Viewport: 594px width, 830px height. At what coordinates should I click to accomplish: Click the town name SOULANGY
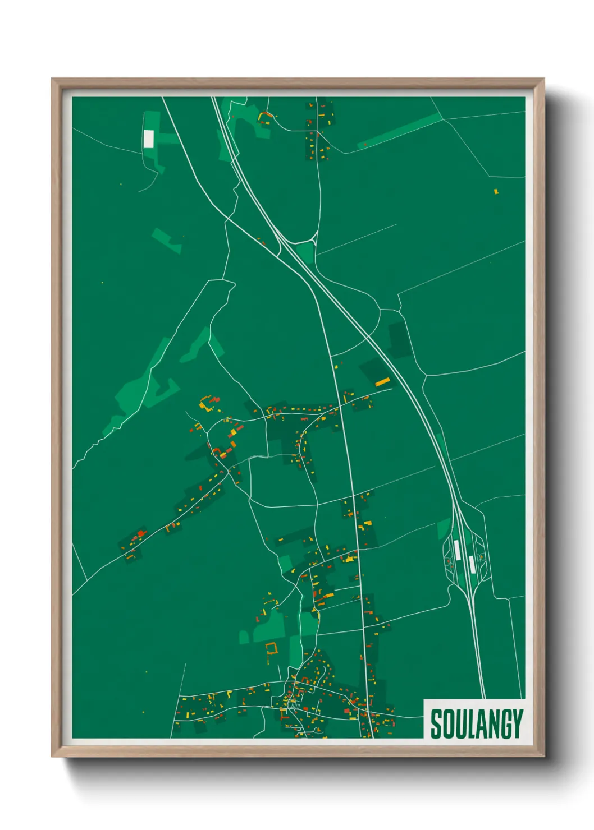[x=476, y=723]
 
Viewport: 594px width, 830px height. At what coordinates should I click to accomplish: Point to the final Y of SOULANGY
[x=517, y=723]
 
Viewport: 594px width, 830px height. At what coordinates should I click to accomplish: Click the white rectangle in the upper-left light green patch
[x=148, y=139]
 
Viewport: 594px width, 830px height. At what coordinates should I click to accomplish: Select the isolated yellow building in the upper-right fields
[x=496, y=192]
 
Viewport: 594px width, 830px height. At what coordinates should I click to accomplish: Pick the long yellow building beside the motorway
[x=382, y=382]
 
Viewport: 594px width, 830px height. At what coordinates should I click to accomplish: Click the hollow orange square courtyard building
[x=272, y=649]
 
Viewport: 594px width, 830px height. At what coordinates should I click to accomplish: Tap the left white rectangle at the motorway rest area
[x=458, y=550]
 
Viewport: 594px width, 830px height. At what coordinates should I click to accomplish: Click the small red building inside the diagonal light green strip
[x=365, y=145]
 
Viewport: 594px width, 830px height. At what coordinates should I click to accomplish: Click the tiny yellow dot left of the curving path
[x=121, y=183]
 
